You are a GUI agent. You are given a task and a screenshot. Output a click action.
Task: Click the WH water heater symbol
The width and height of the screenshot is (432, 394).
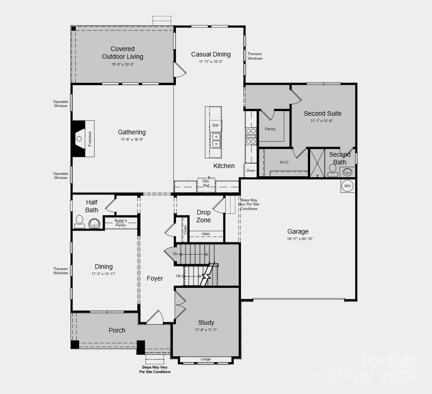pyautogui.click(x=347, y=186)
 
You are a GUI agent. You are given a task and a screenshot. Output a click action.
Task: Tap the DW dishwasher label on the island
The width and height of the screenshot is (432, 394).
pyautogui.click(x=216, y=125)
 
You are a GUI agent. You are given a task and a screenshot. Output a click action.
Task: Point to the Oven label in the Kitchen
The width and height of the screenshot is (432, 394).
pyautogui.click(x=251, y=170)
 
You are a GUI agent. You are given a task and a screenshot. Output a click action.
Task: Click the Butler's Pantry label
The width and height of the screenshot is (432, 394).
pyautogui.click(x=121, y=223)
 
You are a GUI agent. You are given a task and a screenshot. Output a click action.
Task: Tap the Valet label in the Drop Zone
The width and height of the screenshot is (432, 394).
pyautogui.click(x=206, y=234)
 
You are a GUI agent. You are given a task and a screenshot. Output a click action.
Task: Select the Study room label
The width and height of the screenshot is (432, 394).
pyautogui.click(x=206, y=322)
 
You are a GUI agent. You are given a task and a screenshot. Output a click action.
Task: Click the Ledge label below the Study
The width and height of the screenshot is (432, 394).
pyautogui.click(x=206, y=359)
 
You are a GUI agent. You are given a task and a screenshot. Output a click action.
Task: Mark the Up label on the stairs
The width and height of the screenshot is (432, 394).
pyautogui.click(x=178, y=276)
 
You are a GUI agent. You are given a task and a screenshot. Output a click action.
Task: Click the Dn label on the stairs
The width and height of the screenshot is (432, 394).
pyautogui.click(x=176, y=254)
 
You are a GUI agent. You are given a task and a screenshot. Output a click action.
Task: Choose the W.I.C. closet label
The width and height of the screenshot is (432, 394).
pyautogui.click(x=285, y=162)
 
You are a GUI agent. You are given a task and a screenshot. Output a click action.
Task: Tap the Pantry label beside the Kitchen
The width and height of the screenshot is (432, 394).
pyautogui.click(x=270, y=129)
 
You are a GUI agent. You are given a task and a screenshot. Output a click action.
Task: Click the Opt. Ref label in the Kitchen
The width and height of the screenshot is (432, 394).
pyautogui.click(x=206, y=183)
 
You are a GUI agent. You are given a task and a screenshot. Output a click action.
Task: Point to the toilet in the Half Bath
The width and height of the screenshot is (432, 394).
pyautogui.click(x=80, y=222)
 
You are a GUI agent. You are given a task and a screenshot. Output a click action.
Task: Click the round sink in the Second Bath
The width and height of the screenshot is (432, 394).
pyautogui.click(x=347, y=171)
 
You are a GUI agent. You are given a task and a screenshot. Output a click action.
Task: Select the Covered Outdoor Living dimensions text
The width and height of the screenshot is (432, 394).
pyautogui.click(x=123, y=64)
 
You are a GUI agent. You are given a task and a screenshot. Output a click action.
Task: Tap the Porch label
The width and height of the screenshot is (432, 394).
pyautogui.click(x=117, y=330)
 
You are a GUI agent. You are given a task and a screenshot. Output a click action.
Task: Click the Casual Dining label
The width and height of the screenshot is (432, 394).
pyautogui.click(x=211, y=54)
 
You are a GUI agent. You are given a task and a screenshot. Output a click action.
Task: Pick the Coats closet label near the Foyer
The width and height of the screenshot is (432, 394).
pyautogui.click(x=185, y=229)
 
